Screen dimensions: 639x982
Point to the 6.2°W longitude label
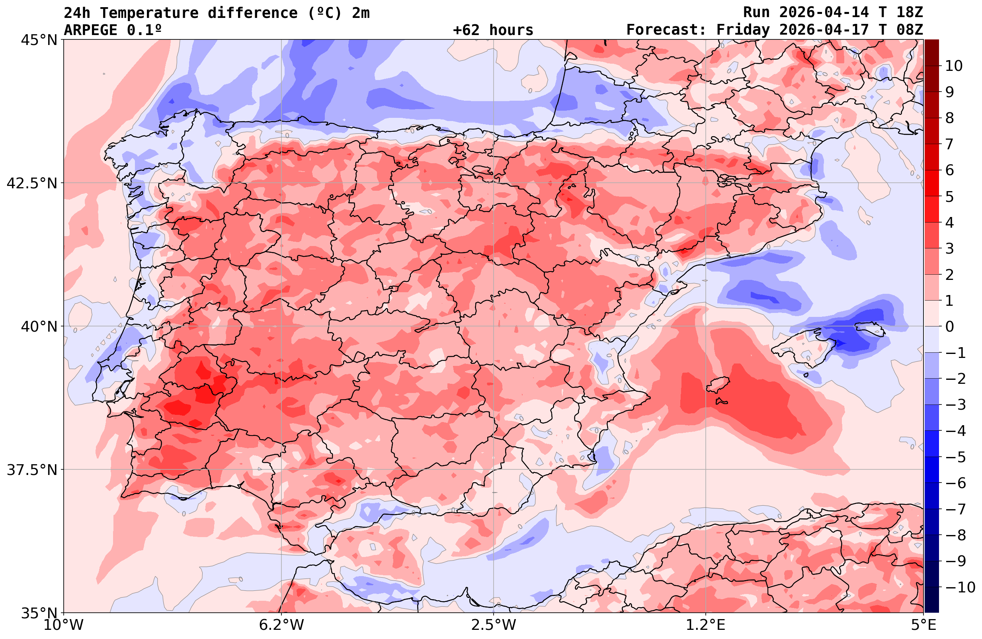[x=281, y=625]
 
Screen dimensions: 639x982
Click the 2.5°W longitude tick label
[x=494, y=625]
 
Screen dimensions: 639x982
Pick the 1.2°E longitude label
[x=706, y=625]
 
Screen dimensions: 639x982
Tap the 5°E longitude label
[x=923, y=625]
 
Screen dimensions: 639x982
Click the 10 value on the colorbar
[x=953, y=66]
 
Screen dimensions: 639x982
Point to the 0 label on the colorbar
[x=949, y=326]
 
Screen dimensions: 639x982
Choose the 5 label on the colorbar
[x=949, y=197]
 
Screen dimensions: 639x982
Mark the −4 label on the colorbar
[x=955, y=431]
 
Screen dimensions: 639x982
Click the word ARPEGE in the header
[x=91, y=30]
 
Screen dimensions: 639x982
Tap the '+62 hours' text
[x=493, y=30]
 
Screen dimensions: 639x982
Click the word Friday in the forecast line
[x=743, y=30]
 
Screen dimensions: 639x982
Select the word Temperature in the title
[x=149, y=13]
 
